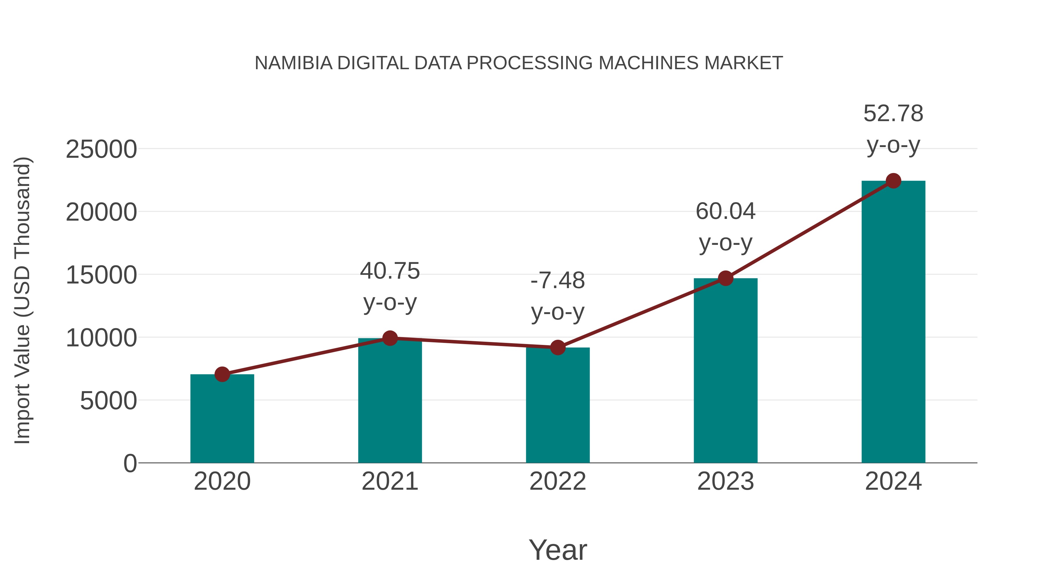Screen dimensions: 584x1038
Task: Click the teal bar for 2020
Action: [222, 419]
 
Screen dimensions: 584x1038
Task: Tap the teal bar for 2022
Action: [558, 405]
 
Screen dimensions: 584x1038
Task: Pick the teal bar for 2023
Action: [725, 371]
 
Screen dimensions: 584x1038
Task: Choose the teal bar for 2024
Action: [893, 322]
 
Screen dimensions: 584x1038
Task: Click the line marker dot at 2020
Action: [222, 374]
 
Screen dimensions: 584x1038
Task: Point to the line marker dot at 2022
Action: [558, 348]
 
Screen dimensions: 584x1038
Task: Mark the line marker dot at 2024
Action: [893, 181]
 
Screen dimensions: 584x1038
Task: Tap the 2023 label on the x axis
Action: [725, 481]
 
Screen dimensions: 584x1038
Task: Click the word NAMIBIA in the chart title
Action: [293, 63]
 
